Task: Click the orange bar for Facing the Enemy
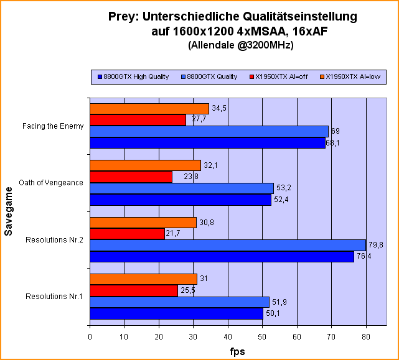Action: (x=149, y=109)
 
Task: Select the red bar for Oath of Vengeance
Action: (x=131, y=177)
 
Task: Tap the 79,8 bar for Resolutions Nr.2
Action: (x=228, y=245)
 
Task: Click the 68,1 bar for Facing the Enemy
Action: (x=207, y=143)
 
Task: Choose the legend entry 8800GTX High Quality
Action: (x=133, y=77)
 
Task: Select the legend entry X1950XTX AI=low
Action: (x=353, y=77)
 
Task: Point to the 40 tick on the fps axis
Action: (x=228, y=337)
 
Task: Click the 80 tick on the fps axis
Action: (x=365, y=337)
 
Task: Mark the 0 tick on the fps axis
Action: (x=90, y=337)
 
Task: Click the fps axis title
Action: (x=236, y=351)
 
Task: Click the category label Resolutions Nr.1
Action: (x=54, y=297)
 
